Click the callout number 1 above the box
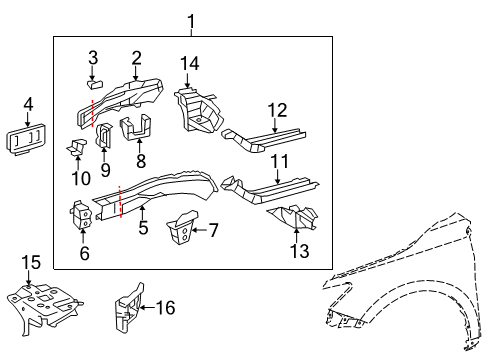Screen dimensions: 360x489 [193, 20]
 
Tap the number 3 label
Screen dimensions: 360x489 [92, 56]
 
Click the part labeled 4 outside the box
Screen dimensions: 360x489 [27, 137]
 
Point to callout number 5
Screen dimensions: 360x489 [143, 226]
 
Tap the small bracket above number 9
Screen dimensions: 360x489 [104, 137]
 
